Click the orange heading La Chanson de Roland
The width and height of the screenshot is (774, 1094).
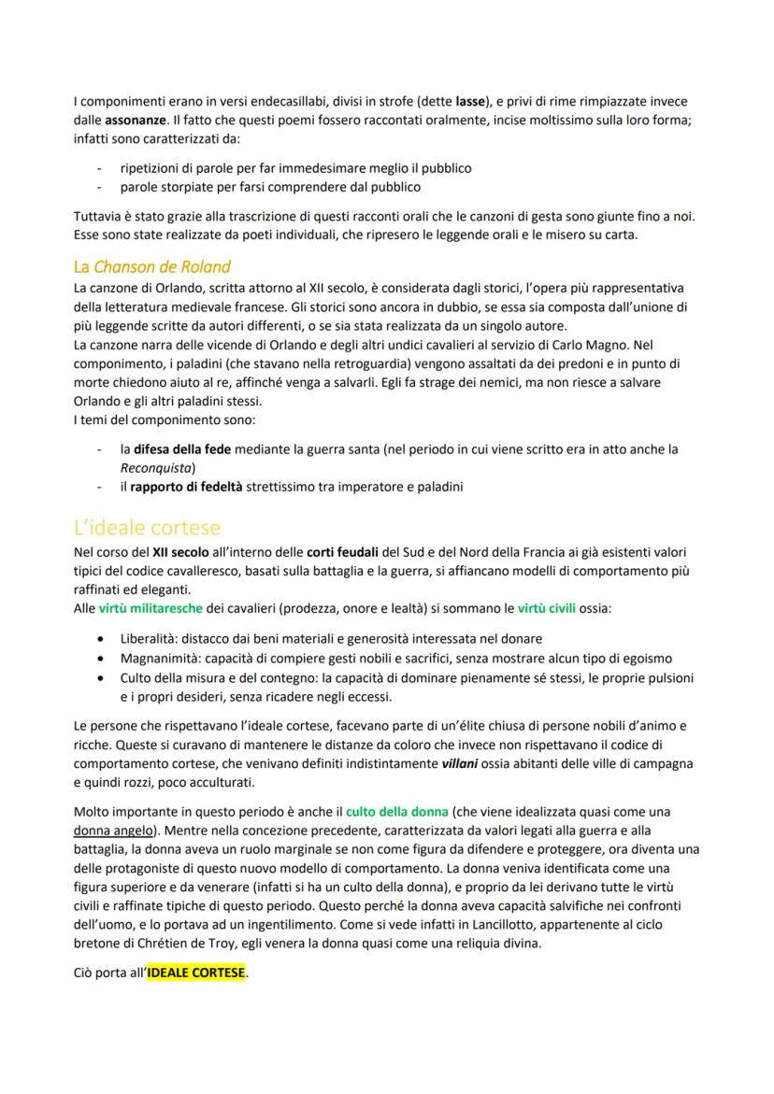point(151,267)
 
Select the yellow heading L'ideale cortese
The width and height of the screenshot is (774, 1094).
point(147,526)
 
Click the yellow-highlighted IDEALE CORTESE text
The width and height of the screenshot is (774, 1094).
point(195,973)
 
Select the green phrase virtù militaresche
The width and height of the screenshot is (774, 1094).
point(150,608)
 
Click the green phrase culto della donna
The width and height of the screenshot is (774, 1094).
point(396,811)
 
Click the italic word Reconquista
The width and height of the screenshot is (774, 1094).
point(155,467)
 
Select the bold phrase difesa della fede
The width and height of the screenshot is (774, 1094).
point(182,448)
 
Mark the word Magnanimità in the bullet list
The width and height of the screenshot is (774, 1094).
point(159,658)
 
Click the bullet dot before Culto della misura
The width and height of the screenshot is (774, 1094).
point(100,676)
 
